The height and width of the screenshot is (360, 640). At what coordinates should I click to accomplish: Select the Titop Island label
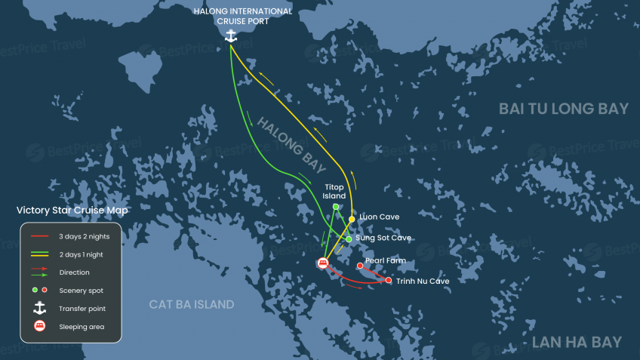[x=334, y=191]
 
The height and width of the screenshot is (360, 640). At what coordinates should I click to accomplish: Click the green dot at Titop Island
[x=335, y=206]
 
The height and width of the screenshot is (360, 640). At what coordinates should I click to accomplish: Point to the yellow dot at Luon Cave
[x=352, y=219]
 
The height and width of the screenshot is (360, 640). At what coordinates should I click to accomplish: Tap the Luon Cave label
[x=379, y=217]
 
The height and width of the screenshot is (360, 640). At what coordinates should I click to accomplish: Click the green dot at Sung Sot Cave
[x=348, y=239]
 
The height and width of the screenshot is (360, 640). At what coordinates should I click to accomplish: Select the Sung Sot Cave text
[x=383, y=238]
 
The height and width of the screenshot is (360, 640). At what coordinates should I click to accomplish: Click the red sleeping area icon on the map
[x=323, y=263]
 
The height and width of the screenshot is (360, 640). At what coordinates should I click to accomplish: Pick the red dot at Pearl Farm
[x=359, y=266]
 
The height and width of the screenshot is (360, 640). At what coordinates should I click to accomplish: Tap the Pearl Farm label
[x=386, y=261]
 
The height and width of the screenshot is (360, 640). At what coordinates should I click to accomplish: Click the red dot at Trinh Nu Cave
[x=388, y=281]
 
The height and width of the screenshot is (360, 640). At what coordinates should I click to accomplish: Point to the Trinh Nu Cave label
[x=423, y=281]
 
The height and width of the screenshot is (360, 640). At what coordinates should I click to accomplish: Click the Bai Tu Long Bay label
[x=563, y=109]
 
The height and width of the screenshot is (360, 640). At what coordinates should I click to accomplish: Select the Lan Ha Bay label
[x=577, y=343]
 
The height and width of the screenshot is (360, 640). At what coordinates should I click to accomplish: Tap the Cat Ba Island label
[x=191, y=305]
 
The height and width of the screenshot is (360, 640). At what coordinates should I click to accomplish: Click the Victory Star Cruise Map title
[x=72, y=211]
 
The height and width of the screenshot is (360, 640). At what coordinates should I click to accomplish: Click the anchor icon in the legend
[x=40, y=308]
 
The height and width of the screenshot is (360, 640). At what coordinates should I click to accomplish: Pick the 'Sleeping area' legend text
[x=81, y=327]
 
